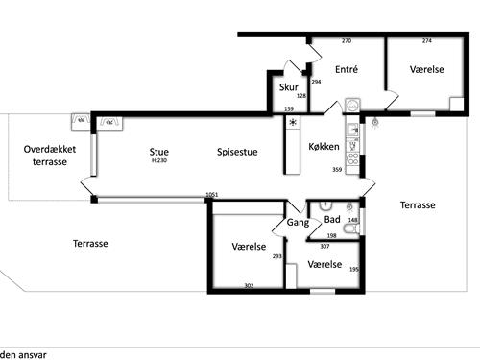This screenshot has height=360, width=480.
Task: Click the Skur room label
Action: (x=289, y=87)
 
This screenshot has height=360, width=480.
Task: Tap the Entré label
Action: (x=347, y=69)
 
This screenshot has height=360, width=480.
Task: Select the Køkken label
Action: (x=324, y=147)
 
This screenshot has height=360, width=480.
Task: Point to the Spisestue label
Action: (x=237, y=152)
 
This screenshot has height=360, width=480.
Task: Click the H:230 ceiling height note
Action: (x=159, y=160)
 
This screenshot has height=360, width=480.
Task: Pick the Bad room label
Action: (x=332, y=220)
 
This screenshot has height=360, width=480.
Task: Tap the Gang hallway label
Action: (x=298, y=223)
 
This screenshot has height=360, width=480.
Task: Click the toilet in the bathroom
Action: (x=350, y=228)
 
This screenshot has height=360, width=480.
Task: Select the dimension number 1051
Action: (x=212, y=195)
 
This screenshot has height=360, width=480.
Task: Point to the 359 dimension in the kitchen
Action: (x=337, y=170)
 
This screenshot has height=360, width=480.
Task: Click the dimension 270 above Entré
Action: (x=347, y=41)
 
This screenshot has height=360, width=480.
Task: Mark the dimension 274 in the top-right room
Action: (x=427, y=41)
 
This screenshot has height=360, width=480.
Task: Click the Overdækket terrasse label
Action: (x=50, y=156)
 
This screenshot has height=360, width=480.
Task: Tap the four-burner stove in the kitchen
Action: (x=352, y=159)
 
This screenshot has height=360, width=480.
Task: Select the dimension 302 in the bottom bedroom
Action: (x=249, y=285)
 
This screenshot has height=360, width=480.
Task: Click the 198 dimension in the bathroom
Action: (x=332, y=236)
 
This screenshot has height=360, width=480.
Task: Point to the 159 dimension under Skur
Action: (x=289, y=108)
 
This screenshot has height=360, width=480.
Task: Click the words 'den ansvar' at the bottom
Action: (x=23, y=355)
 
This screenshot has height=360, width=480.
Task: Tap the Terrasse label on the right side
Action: (x=418, y=205)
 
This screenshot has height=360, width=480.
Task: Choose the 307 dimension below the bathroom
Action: (x=324, y=246)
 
